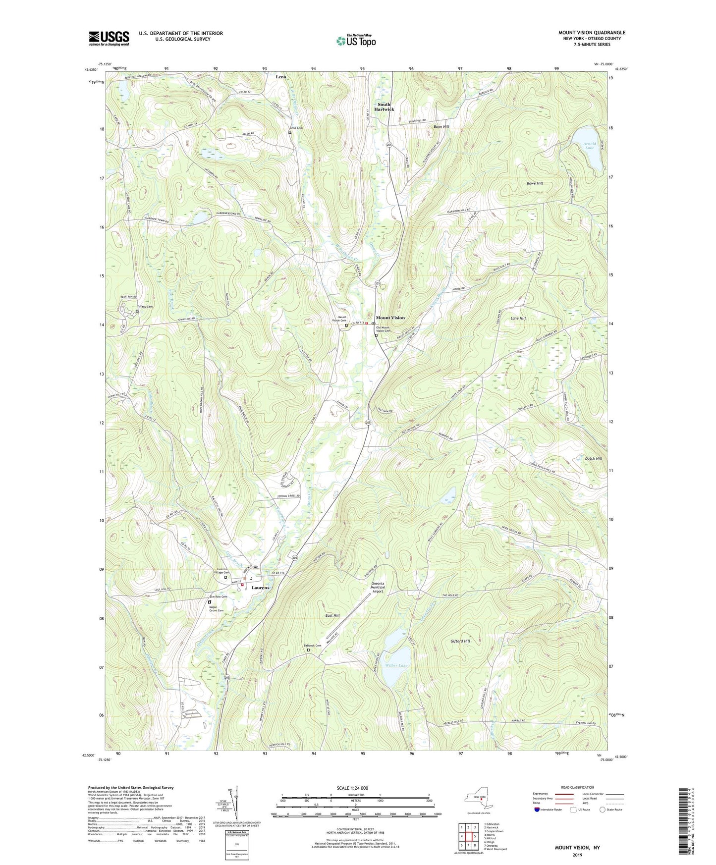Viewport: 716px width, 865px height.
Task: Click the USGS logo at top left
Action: (x=109, y=38)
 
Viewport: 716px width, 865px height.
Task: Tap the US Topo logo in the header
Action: (x=355, y=41)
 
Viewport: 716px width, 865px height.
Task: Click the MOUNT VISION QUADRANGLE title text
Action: (x=592, y=33)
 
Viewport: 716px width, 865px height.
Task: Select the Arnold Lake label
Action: (x=589, y=146)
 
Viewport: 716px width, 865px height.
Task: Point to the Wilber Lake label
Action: (x=396, y=665)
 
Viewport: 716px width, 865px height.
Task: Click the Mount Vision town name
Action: (x=390, y=318)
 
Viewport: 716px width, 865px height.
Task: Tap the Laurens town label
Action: (x=261, y=588)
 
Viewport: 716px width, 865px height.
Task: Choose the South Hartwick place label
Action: (x=384, y=107)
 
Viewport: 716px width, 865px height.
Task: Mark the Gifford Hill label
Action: (x=460, y=641)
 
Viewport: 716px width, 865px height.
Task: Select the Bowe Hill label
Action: (x=535, y=183)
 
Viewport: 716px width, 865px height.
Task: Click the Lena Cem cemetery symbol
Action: (x=290, y=133)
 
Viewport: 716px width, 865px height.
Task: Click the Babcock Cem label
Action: (x=312, y=646)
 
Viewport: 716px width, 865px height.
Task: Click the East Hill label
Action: (x=332, y=615)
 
